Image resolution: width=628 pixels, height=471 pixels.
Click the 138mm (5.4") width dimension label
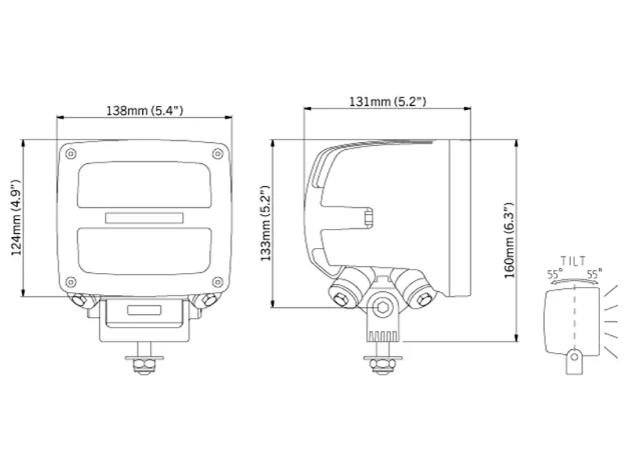[144, 110]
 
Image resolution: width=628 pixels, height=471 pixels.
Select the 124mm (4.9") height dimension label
[15, 218]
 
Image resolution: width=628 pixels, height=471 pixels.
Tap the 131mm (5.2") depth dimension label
[388, 101]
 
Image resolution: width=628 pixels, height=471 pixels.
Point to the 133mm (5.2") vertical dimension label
[265, 223]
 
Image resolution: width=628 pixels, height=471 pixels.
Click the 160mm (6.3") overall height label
[509, 241]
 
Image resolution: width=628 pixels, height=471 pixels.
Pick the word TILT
[573, 261]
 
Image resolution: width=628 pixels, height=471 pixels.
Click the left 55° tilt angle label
[555, 274]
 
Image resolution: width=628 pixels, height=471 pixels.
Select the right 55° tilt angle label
[594, 274]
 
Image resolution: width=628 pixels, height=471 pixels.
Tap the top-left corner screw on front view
[71, 153]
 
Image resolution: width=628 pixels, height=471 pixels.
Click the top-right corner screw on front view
[217, 153]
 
